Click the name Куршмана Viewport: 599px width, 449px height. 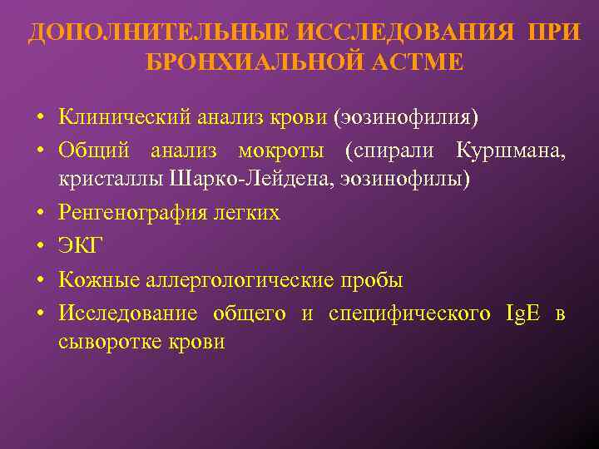[511, 151]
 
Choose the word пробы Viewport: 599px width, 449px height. [374, 280]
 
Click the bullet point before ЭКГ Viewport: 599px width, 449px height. [39, 247]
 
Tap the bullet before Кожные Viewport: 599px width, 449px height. [39, 281]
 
